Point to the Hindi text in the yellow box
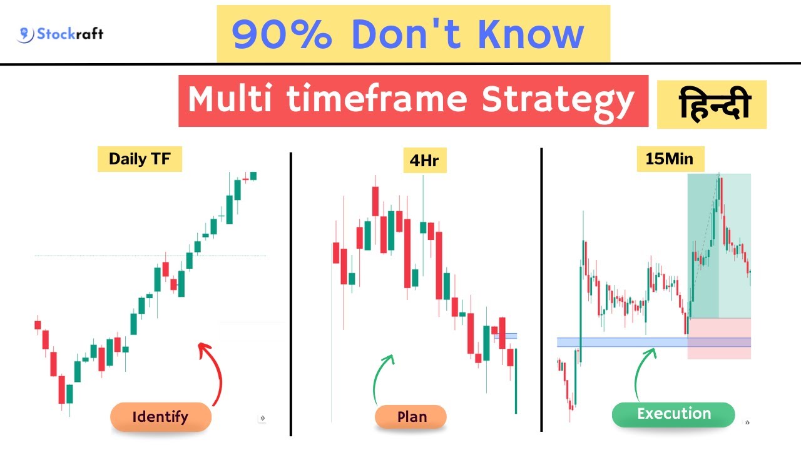[x=712, y=104]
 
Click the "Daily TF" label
[x=140, y=159]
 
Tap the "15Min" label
[x=669, y=159]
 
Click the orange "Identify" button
[x=160, y=417]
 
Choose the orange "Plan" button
[x=411, y=417]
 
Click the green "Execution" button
[x=673, y=414]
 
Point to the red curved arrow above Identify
[x=215, y=372]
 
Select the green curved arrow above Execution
[x=643, y=372]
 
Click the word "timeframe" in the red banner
[x=377, y=100]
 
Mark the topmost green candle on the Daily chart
[x=253, y=176]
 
